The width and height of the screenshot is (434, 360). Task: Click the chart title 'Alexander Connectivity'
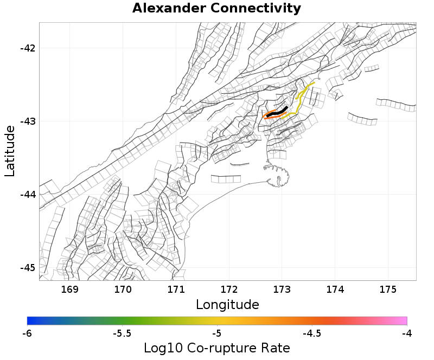tap(216, 8)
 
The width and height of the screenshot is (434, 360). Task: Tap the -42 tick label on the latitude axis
tap(28, 48)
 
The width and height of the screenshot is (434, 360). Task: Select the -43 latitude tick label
tap(28, 121)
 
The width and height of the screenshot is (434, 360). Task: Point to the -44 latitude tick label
tap(28, 194)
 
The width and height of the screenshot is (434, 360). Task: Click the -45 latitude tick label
tap(28, 268)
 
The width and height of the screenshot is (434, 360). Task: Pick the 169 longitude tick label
tap(70, 290)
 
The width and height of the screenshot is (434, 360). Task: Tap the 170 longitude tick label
tap(123, 290)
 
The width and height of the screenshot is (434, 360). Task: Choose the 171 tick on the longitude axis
tap(176, 290)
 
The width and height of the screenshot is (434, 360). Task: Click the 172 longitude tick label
tap(229, 290)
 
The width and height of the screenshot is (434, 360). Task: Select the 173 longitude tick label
tap(282, 290)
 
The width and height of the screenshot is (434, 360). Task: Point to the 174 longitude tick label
tap(335, 290)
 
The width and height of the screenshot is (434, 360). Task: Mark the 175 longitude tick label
tap(388, 290)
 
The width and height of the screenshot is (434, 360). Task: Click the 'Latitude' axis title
tap(10, 151)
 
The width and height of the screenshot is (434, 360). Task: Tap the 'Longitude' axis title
tap(227, 305)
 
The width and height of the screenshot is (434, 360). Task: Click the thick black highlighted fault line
tap(277, 112)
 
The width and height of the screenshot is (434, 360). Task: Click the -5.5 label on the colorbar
tap(122, 333)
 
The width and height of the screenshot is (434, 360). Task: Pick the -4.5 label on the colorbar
tap(312, 333)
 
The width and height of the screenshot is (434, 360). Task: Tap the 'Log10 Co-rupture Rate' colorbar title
tap(217, 348)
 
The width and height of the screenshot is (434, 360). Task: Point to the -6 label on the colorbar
tap(27, 333)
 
